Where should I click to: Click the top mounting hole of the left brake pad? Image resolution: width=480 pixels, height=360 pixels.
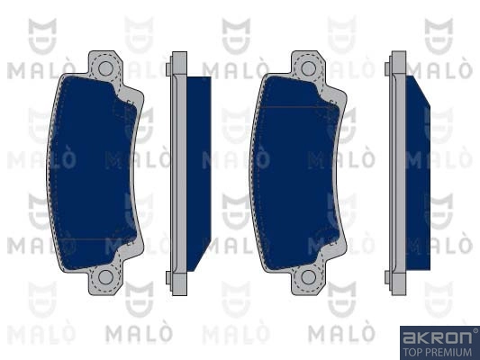105,67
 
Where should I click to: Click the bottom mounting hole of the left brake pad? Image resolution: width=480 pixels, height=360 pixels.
105,277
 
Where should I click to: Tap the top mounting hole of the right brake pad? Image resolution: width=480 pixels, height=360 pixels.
308,67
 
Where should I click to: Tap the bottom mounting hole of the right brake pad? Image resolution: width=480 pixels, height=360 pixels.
308,277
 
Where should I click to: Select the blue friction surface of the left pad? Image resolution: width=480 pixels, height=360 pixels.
92,173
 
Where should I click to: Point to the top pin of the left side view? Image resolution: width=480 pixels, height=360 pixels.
168,69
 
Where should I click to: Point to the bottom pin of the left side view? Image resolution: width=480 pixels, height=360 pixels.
168,278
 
